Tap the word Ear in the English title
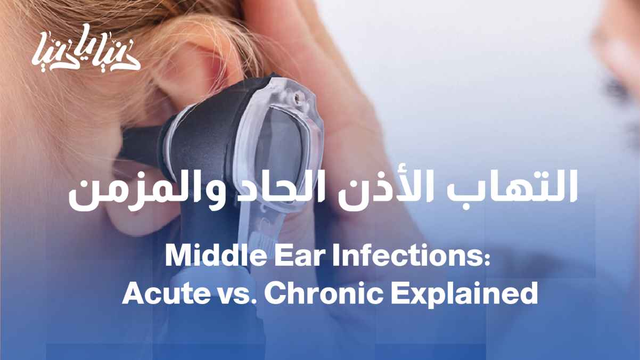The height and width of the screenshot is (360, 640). pos(299,255)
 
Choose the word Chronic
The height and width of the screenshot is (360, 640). pos(323,292)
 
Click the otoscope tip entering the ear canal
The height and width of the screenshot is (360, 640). pos(137,143)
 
